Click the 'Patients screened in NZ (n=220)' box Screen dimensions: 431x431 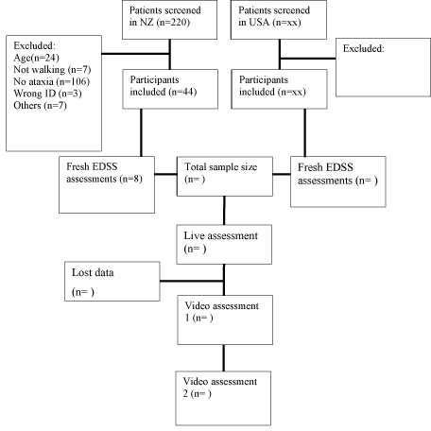coord(169,20)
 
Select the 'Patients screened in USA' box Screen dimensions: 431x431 coord(279,20)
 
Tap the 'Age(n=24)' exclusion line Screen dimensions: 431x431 coord(36,58)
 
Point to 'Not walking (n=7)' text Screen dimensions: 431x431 coord(52,70)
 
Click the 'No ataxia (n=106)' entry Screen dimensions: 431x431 coord(51,81)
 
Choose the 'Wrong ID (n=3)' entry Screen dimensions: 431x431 coord(47,94)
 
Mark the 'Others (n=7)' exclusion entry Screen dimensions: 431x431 coord(40,106)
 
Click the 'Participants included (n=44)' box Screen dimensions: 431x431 coord(170,89)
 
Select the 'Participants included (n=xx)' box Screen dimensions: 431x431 coord(279,89)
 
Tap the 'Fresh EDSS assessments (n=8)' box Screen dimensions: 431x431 coord(107,184)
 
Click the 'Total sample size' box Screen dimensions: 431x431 coord(225,177)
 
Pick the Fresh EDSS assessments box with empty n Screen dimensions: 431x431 coord(338,181)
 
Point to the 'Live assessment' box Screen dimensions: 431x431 coord(224,245)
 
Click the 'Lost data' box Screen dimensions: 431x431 coord(112,282)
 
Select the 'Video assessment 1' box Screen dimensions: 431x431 coord(225,319)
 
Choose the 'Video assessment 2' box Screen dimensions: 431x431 coord(223,399)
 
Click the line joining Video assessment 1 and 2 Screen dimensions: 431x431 coord(224,358)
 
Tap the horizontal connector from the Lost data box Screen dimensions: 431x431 coord(192,281)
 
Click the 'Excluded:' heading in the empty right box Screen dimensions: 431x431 coord(364,48)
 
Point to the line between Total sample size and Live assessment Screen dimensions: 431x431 coord(224,211)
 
